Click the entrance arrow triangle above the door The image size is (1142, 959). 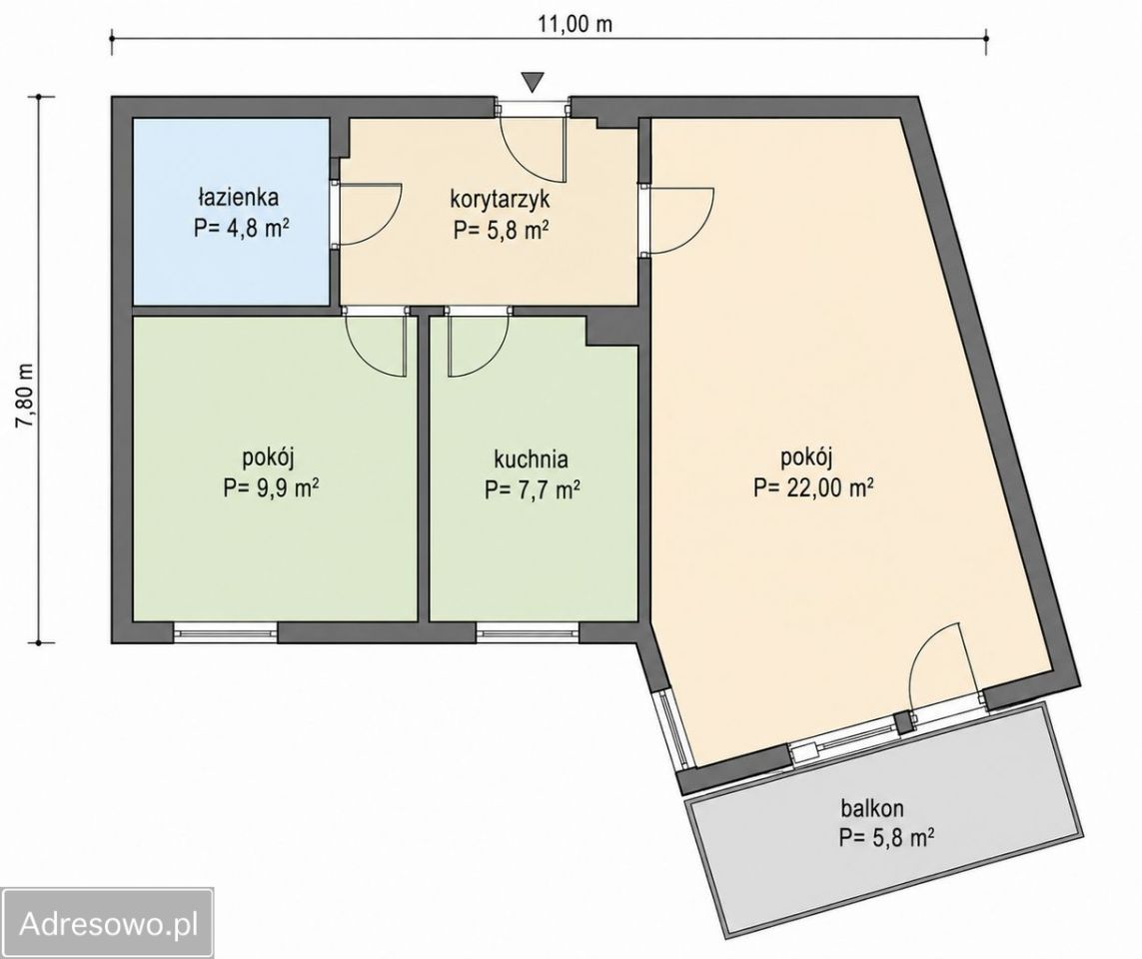coord(534,82)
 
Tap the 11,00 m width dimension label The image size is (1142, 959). coord(575,24)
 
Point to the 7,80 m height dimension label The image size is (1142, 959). coord(26,397)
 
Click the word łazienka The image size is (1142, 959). coord(238,197)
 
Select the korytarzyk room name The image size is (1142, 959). coord(501,199)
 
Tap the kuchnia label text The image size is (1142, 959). coord(531,460)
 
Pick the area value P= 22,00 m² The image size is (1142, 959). coord(813,487)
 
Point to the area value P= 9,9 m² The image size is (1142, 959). coord(271,487)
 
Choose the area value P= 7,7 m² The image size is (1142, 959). coord(532,489)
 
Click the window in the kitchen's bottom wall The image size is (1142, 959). coord(528,632)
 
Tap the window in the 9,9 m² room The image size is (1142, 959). coord(226,632)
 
